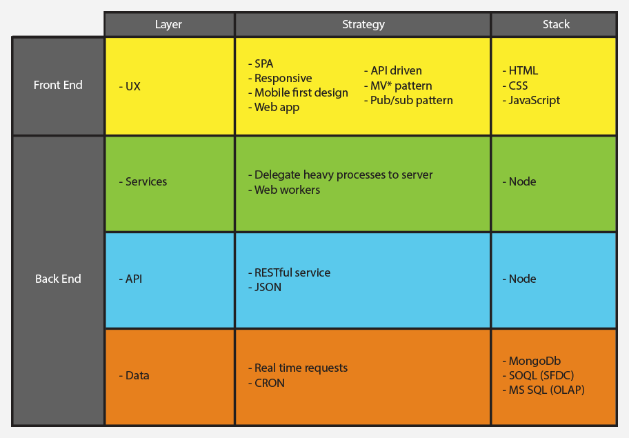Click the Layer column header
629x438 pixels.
click(x=168, y=24)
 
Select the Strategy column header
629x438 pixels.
click(x=363, y=24)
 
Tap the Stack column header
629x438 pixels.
click(x=556, y=24)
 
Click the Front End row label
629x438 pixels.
click(x=58, y=85)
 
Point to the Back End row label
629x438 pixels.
click(x=58, y=279)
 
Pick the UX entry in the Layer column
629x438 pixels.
click(x=130, y=87)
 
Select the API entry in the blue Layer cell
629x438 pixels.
click(x=131, y=279)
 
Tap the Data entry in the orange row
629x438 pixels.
click(x=134, y=376)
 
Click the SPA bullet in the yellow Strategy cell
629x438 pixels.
click(x=261, y=63)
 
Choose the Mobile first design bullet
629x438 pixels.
click(x=299, y=92)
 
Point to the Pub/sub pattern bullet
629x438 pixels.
click(x=409, y=100)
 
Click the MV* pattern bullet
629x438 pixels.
click(x=399, y=86)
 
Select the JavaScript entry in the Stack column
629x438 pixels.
click(x=532, y=100)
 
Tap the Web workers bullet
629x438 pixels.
click(x=284, y=190)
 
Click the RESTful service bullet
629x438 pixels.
click(x=290, y=272)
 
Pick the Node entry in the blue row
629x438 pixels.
click(x=519, y=279)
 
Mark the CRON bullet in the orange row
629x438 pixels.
click(x=267, y=383)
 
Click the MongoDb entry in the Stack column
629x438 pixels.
click(x=532, y=361)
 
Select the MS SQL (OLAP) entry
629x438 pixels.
click(x=544, y=390)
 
